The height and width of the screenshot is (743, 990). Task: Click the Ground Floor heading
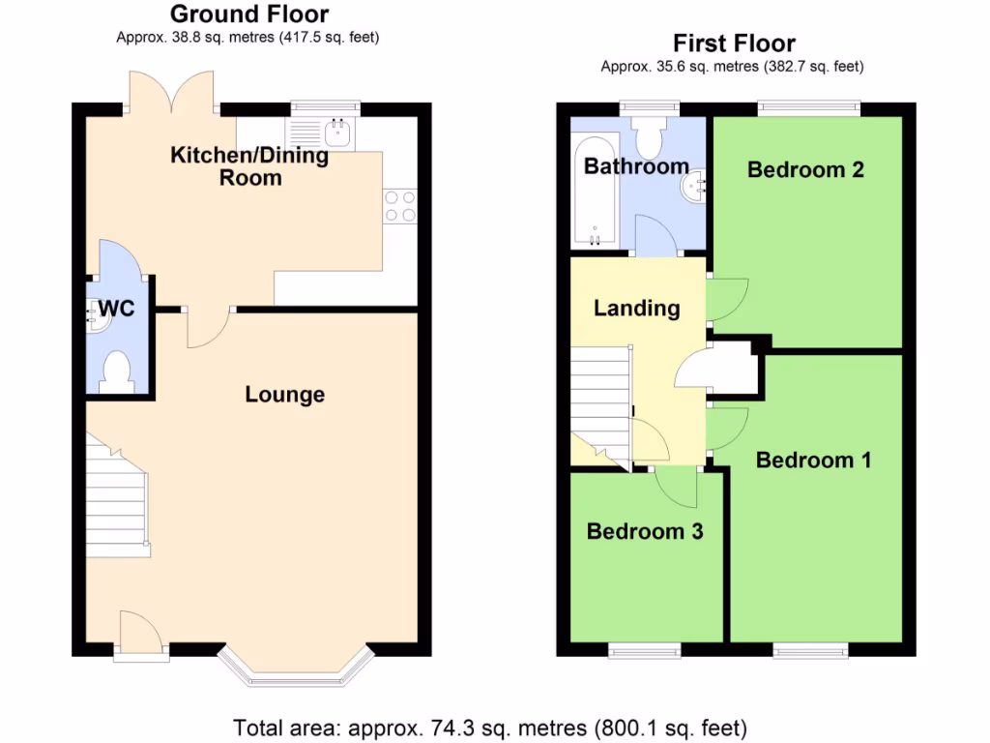tap(248, 15)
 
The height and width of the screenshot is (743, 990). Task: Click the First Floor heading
tap(734, 44)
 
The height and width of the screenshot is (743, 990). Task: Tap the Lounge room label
tap(284, 395)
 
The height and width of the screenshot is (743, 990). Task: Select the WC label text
tap(116, 310)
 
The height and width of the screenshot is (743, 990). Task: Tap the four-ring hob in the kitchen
tap(400, 205)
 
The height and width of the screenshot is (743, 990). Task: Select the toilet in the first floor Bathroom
tap(648, 140)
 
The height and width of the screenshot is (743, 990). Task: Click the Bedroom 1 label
tap(813, 460)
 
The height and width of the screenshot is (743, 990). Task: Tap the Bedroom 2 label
tap(805, 169)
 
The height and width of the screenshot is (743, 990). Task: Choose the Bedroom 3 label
tap(644, 531)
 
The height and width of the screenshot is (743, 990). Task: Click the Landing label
tap(636, 309)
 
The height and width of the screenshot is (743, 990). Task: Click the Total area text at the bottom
tap(490, 727)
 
